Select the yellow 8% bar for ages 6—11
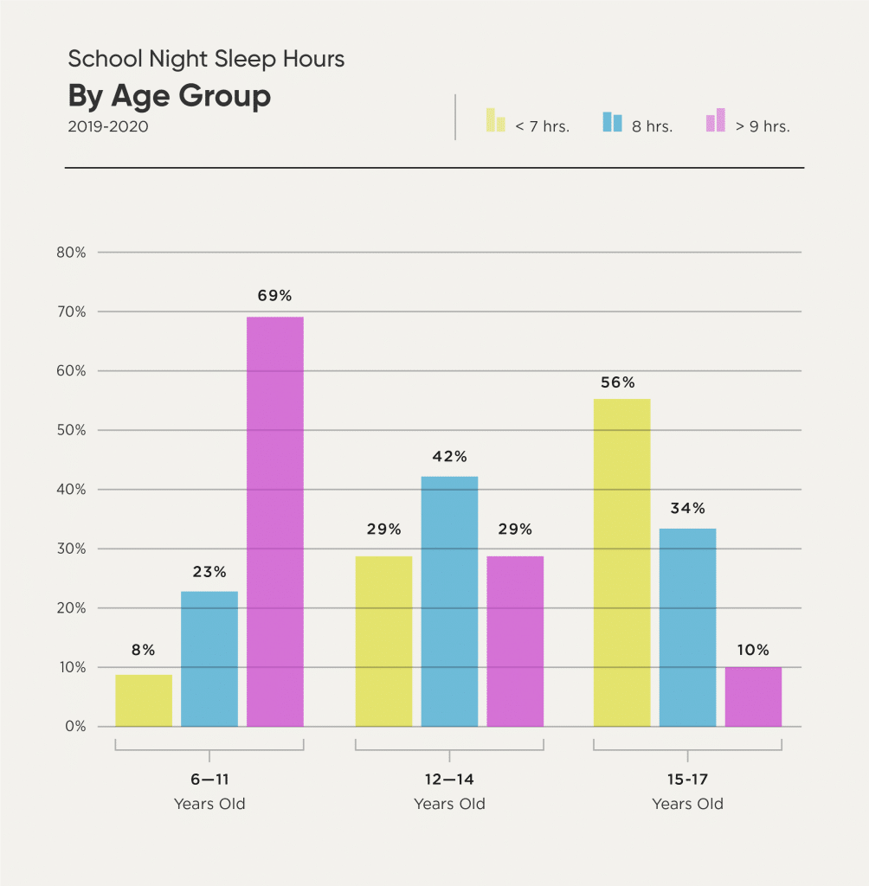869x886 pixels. tap(144, 700)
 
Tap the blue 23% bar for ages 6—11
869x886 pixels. tap(209, 658)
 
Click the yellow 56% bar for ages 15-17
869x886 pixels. tap(621, 562)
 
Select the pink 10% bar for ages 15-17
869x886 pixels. tap(753, 697)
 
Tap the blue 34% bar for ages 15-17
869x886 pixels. tap(687, 627)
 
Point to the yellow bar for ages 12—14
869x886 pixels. tap(383, 641)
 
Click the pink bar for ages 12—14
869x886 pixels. tap(515, 641)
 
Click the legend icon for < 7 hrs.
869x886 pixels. tap(495, 120)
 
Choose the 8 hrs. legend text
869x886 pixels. tap(652, 126)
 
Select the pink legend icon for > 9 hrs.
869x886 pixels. tap(715, 120)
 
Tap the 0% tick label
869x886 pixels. tap(74, 726)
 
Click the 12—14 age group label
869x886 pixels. tap(449, 780)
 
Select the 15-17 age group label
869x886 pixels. tap(687, 780)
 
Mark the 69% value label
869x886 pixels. tap(274, 295)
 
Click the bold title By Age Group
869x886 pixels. tap(170, 96)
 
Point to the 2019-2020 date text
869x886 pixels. tap(108, 126)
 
